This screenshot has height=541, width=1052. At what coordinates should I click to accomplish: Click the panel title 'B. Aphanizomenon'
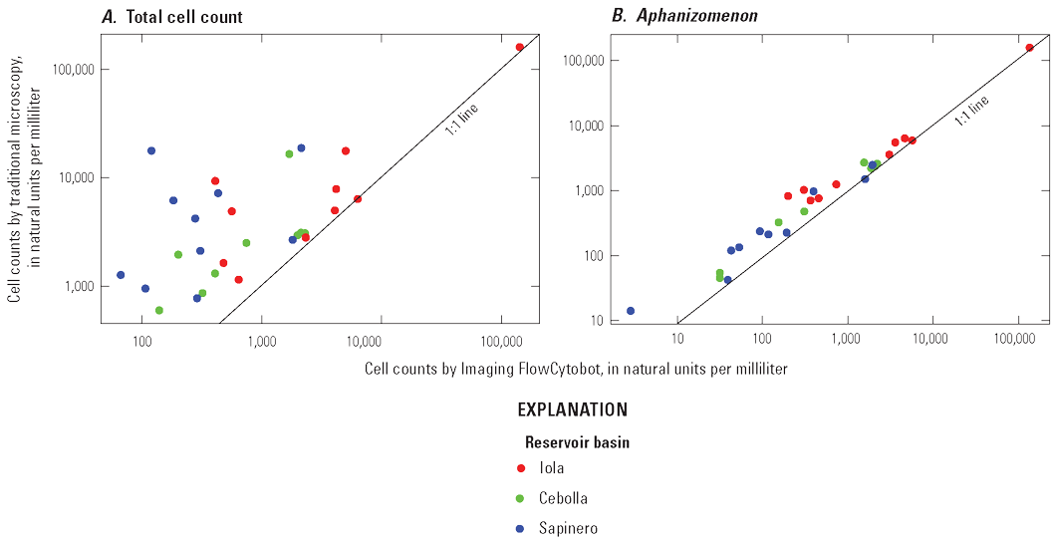click(667, 17)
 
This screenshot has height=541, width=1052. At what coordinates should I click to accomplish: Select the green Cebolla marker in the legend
click(522, 498)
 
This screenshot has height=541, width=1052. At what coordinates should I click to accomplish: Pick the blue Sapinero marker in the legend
click(522, 528)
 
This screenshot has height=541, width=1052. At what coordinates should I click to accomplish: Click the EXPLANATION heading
click(572, 409)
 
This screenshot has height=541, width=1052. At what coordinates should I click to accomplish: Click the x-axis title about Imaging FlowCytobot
click(576, 369)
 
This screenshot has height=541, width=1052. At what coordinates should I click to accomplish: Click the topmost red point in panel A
click(520, 47)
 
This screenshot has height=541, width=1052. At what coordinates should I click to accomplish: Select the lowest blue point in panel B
click(631, 311)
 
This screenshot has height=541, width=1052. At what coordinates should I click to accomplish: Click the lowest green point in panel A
click(159, 310)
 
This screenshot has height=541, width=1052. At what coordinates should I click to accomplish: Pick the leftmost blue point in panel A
click(121, 275)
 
